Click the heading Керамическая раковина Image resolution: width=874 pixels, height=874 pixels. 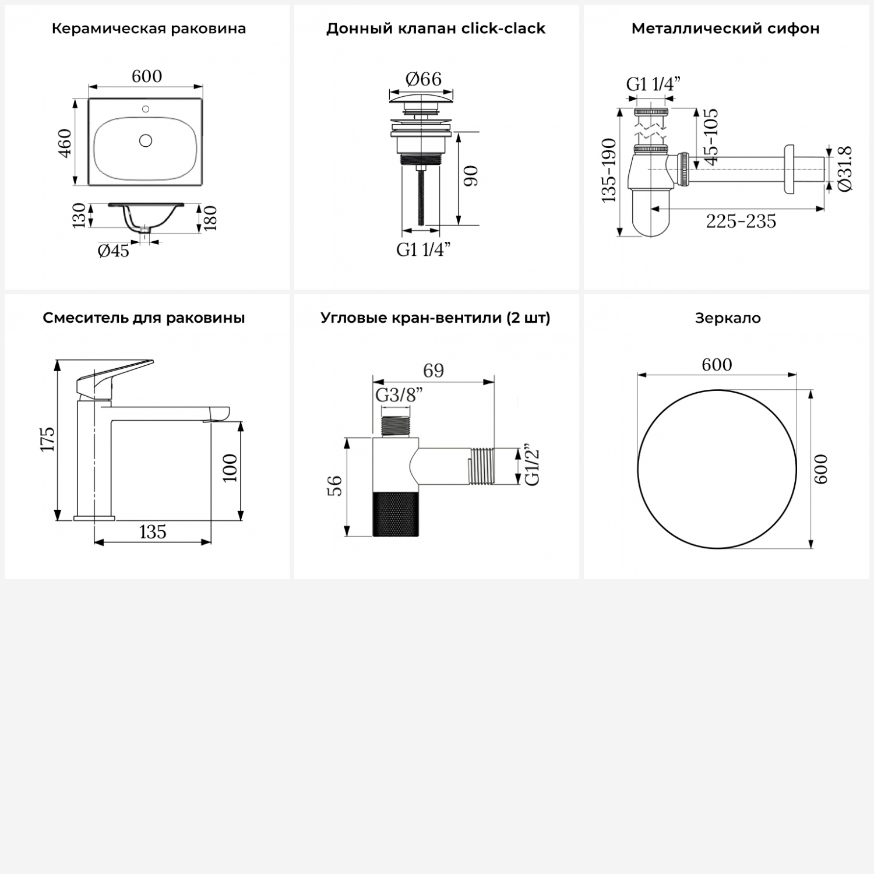point(149,29)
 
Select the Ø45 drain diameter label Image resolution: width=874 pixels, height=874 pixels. point(114,251)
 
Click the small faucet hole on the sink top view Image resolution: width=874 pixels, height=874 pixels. point(146,108)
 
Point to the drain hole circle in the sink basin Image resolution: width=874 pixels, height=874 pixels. point(146,140)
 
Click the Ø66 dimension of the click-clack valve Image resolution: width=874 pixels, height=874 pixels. point(424,79)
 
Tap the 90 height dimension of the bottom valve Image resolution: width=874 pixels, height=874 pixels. point(471,176)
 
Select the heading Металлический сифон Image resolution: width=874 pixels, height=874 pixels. point(725,29)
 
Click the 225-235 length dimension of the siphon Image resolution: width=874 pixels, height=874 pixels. point(741,221)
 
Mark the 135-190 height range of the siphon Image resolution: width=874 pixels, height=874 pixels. point(608,170)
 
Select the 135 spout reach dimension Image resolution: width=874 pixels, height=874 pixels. point(153,532)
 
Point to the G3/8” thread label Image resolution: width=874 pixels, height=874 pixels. point(399,395)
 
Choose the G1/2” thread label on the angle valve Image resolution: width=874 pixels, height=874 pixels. point(533,467)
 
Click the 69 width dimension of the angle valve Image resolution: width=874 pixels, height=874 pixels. point(434,371)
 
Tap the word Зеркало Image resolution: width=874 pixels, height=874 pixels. point(728,318)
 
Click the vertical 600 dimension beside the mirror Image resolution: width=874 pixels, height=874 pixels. point(820,469)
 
